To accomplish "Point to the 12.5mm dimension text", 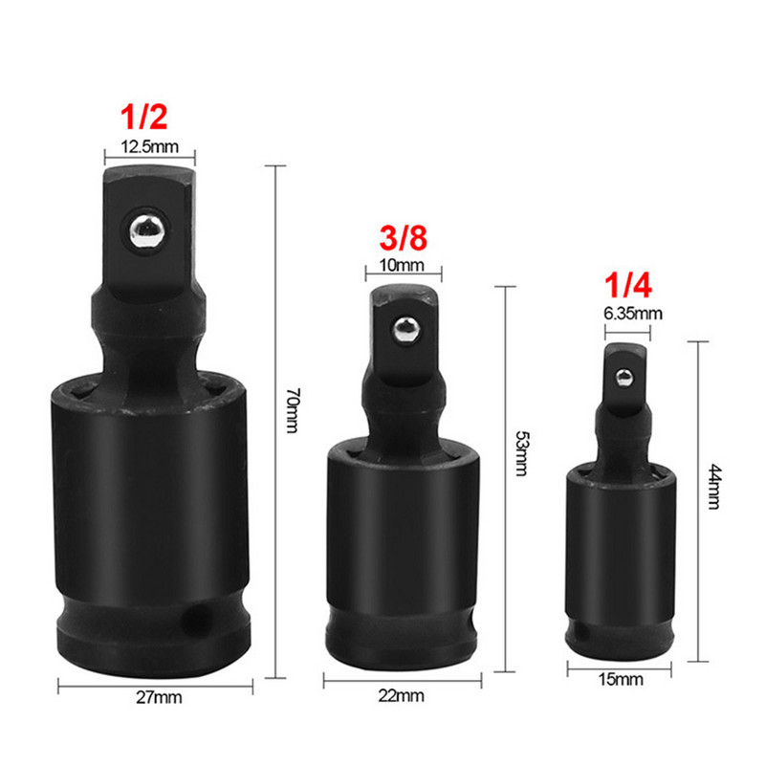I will point(149,146).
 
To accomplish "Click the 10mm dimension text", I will point(404,265).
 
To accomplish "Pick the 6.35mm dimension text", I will point(627,313).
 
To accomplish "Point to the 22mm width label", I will point(402,696).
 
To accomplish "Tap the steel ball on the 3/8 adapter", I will point(404,330).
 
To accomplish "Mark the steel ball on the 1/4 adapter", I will point(623,375).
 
